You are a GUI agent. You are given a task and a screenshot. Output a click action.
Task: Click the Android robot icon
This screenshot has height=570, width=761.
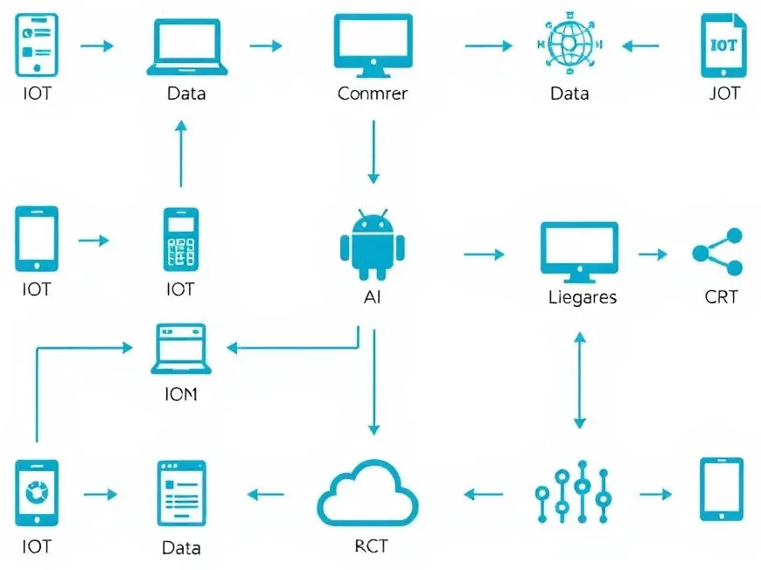tap(373, 241)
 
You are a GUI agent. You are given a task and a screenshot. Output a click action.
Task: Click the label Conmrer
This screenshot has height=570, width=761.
tap(373, 93)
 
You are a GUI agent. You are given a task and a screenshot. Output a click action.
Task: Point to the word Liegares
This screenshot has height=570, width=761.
tap(582, 297)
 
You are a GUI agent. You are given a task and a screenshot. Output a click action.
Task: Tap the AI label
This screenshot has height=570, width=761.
tap(373, 297)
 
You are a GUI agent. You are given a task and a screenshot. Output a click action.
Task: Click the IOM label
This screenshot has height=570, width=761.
tap(181, 394)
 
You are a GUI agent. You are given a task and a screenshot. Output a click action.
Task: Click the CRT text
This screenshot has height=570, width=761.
tap(721, 297)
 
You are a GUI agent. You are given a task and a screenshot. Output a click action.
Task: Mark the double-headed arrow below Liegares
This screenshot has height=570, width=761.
tap(578, 380)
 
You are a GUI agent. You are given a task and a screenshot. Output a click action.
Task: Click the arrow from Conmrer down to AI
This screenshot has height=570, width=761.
tap(374, 150)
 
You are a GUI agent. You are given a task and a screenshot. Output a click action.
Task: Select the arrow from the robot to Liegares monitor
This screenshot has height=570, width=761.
tap(484, 254)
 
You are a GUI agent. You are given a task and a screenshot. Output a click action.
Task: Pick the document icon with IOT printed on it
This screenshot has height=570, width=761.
tap(723, 45)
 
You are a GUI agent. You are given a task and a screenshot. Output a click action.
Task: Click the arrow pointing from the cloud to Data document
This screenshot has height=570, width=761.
tap(266, 495)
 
